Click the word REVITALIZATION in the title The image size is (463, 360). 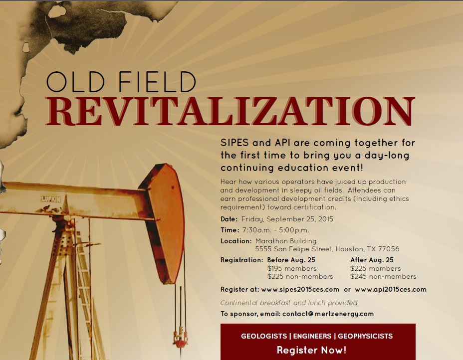231,111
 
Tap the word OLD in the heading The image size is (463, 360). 76,82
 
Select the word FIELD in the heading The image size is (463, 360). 157,82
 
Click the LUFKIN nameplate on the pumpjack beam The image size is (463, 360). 50,199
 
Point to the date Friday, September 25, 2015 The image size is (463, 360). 287,219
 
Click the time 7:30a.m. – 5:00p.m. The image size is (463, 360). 275,230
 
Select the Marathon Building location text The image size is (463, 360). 286,241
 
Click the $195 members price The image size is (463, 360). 292,269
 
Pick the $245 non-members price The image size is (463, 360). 383,277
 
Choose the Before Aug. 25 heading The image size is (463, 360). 291,260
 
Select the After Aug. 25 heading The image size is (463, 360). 372,260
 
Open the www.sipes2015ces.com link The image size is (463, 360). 300,290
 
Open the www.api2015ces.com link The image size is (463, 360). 391,290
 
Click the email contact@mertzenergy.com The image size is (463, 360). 328,314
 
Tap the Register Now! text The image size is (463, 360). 311,350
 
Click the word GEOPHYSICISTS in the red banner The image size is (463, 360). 365,336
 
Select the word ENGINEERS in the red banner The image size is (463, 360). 312,336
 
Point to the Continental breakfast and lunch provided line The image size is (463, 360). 289,303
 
